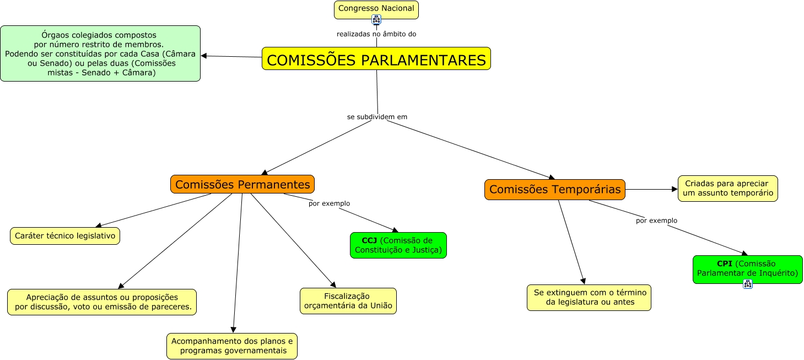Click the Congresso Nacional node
tap(376, 8)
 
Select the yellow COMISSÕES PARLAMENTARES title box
tap(376, 59)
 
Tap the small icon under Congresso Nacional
tap(376, 20)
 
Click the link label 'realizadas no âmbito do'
tap(376, 34)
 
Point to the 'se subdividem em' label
tap(377, 117)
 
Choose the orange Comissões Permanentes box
tap(242, 184)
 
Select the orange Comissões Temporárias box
tap(554, 190)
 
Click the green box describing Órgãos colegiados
tap(100, 53)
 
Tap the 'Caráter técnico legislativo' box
tap(65, 236)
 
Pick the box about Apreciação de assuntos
tap(102, 302)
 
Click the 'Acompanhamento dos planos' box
tap(232, 346)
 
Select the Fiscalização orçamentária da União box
tap(348, 301)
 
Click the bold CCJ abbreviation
tap(369, 241)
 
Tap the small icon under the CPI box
tap(748, 284)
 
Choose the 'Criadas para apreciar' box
tap(727, 189)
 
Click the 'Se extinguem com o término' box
tap(589, 298)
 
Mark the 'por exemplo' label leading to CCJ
tap(329, 203)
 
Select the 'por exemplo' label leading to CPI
tap(656, 221)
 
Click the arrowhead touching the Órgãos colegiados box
tap(204, 56)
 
